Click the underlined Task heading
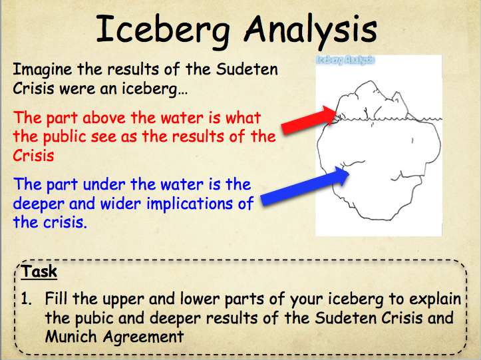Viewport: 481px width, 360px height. point(39,271)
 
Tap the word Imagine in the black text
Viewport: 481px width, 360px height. point(43,69)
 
